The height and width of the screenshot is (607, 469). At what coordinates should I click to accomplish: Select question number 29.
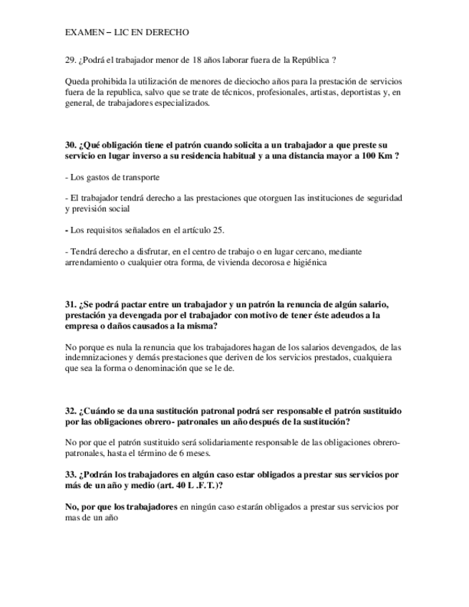coord(70,60)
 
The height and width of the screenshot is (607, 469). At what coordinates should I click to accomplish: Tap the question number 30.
coord(71,145)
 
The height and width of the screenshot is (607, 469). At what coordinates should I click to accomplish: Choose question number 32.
coord(71,411)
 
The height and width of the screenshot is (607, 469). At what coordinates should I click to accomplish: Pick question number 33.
coord(71,475)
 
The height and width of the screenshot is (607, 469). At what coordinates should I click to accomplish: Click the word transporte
coord(139,177)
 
